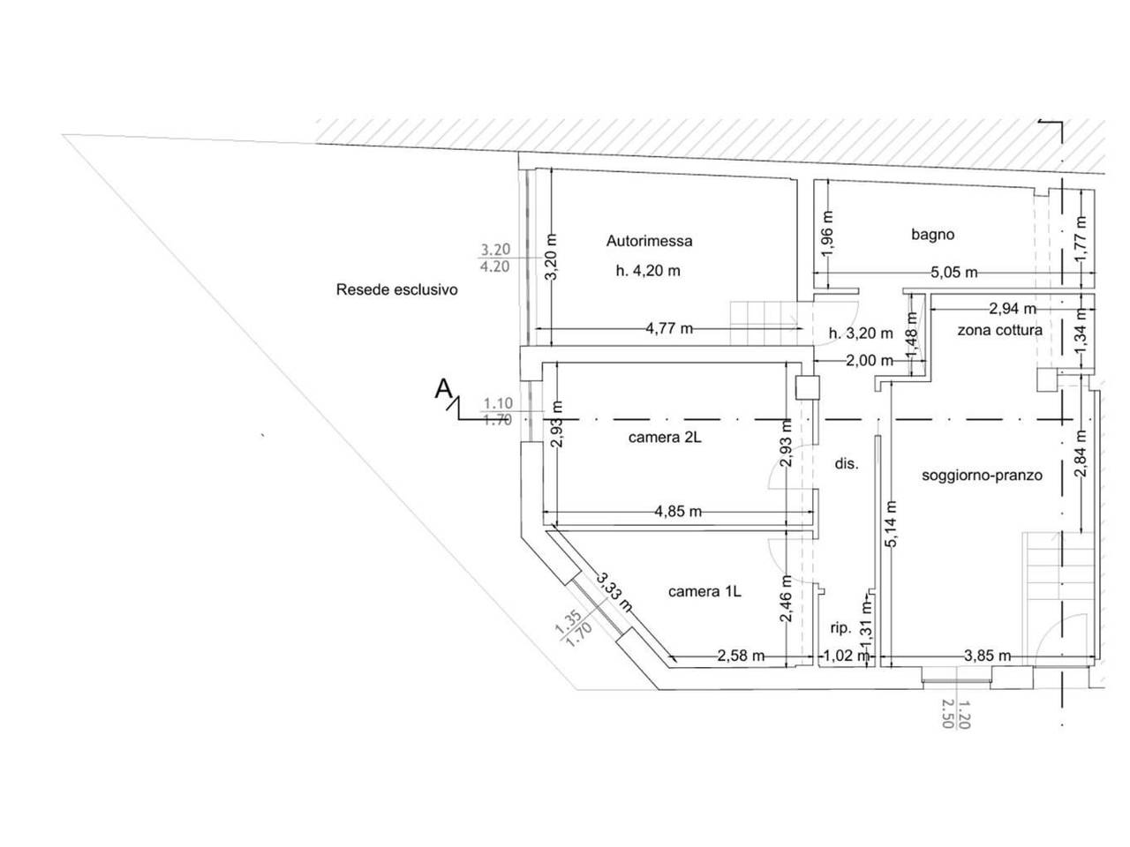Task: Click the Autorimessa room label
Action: pos(649,241)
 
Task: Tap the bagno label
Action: pos(932,235)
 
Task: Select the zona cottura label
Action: pos(999,330)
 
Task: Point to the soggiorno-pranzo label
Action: pos(982,476)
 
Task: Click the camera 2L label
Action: pos(665,438)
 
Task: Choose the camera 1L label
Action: pos(704,592)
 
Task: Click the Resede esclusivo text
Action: pos(397,290)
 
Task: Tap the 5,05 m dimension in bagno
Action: pos(953,272)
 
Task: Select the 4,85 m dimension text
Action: pos(678,512)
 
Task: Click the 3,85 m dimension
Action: pos(987,656)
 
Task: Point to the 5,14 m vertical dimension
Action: pos(892,524)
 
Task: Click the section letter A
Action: pos(443,389)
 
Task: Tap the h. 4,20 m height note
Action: pos(648,271)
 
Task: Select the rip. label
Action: pos(840,628)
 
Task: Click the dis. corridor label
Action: pos(847,464)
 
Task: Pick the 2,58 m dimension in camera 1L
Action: pos(741,656)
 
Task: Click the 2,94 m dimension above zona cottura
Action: pos(1013,309)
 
